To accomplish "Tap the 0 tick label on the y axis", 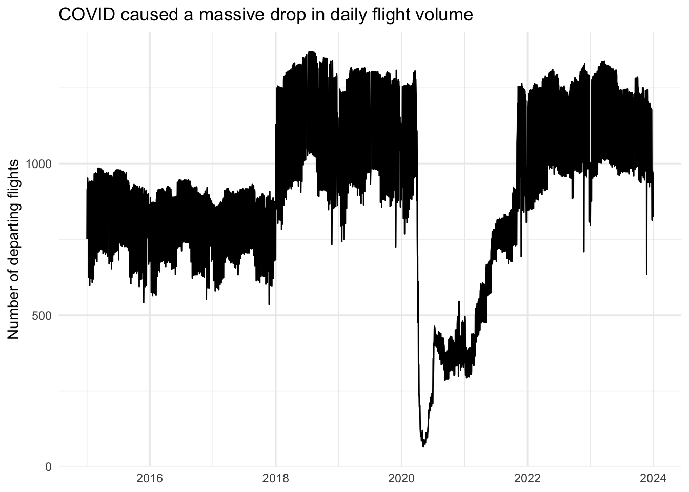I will (x=49, y=467).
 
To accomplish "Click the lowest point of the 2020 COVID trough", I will (x=423, y=446).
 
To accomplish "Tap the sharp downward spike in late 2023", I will (x=646, y=274).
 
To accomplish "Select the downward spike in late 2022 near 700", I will (x=584, y=251).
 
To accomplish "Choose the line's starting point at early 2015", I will (x=87, y=238).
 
